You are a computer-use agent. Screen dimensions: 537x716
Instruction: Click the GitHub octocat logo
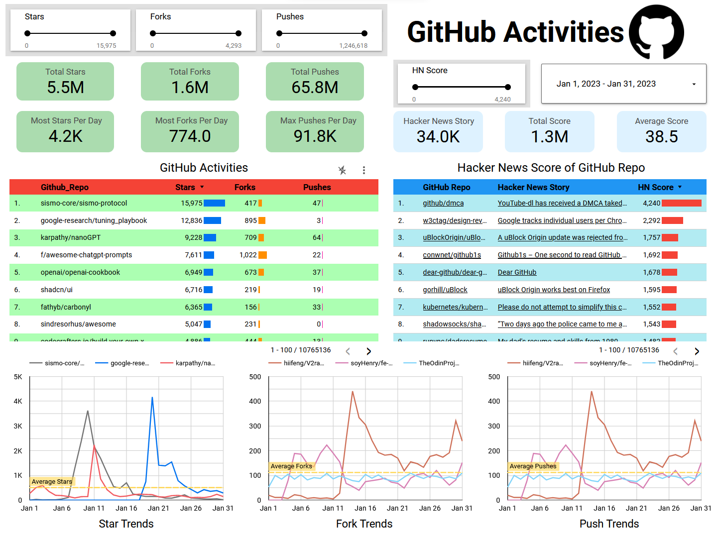656,32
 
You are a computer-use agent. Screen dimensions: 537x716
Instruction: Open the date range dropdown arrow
694,84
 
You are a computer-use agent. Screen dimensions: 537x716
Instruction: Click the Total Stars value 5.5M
65,88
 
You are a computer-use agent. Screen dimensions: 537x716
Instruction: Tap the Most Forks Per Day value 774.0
190,136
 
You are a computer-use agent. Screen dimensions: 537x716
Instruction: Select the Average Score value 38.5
661,136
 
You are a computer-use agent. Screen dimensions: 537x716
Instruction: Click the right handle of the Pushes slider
364,33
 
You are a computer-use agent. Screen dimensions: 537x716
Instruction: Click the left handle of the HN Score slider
415,87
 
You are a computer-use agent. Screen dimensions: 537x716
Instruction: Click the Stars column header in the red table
185,187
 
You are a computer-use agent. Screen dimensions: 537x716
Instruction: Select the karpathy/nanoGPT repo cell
71,237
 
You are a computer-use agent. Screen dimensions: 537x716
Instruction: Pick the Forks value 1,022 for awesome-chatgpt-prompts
248,255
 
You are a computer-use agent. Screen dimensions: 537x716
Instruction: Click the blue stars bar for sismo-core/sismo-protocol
214,203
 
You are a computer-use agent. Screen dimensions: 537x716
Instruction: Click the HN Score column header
655,187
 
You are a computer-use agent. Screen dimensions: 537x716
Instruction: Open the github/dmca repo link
443,203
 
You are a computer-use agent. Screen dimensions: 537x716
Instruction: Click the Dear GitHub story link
517,272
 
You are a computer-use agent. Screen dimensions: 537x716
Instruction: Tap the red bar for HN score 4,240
681,203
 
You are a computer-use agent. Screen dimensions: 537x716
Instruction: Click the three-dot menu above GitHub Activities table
364,170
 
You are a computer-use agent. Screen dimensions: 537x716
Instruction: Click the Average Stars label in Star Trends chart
52,481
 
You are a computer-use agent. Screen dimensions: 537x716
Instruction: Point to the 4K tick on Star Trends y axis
18,401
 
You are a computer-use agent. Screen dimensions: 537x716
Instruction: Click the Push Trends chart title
608,524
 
